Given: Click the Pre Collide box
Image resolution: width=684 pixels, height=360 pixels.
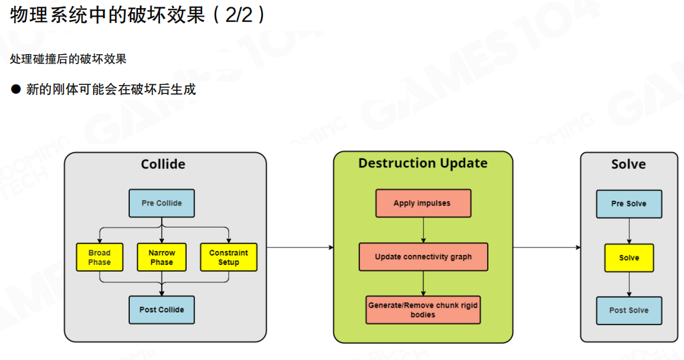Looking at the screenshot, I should tap(161, 203).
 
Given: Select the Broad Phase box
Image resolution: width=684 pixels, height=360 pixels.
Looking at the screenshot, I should tap(99, 257).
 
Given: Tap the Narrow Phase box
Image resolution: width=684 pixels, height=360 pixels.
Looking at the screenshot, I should tap(161, 257).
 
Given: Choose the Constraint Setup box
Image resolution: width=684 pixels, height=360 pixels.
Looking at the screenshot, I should tap(228, 257).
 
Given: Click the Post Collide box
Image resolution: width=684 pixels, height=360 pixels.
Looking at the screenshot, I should tap(161, 310).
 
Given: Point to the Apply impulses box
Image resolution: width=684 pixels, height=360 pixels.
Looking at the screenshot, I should tap(422, 203).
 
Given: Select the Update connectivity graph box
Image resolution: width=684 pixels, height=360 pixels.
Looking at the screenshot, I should tap(423, 257).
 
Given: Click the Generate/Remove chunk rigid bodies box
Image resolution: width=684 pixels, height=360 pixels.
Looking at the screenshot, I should tap(423, 310).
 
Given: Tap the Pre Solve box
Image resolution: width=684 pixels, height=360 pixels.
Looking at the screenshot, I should tap(628, 203).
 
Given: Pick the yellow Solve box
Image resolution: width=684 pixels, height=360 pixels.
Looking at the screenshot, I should tap(628, 258).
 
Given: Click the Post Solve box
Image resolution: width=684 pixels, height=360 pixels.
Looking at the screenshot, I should tap(628, 310).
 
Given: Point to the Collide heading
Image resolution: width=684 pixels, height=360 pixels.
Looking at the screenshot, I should tap(163, 165).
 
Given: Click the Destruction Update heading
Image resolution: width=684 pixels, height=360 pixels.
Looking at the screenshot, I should tap(423, 163).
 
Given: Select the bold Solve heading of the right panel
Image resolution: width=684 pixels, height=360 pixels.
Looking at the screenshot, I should tap(628, 165).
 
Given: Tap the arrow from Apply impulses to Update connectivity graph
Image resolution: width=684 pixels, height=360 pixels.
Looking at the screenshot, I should tap(423, 230).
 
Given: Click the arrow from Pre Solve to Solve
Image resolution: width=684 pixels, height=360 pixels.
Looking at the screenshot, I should tap(628, 231).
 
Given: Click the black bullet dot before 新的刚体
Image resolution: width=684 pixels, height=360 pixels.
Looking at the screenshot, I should tap(16, 89).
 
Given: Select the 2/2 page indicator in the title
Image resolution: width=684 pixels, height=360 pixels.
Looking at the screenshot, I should tap(239, 15).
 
